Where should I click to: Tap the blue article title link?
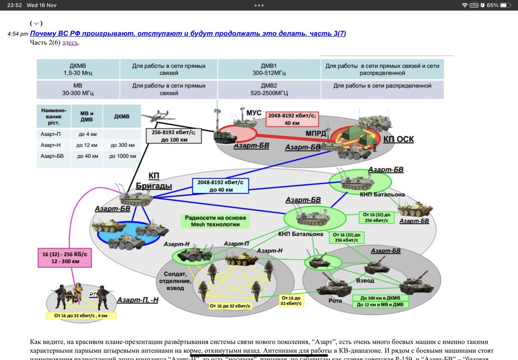(188, 34)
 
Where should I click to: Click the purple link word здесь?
(70, 42)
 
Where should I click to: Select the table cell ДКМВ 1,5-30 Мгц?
(78, 69)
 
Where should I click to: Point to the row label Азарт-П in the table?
(51, 134)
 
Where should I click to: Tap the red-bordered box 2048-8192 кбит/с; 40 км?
(292, 119)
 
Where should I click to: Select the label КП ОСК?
(398, 140)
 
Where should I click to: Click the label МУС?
(254, 113)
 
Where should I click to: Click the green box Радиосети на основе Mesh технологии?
(215, 221)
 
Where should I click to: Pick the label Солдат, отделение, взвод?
(174, 281)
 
